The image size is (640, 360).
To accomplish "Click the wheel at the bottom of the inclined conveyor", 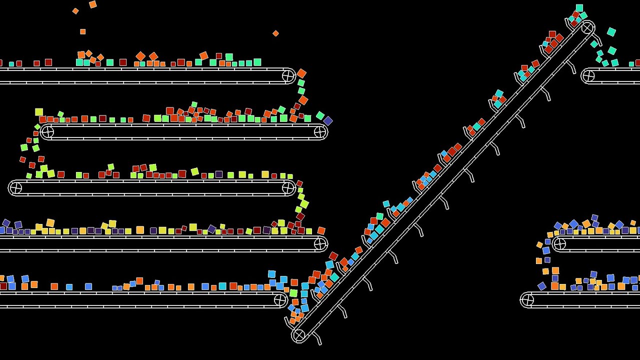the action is click(x=298, y=334).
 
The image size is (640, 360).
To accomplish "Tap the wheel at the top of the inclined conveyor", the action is click(x=587, y=27).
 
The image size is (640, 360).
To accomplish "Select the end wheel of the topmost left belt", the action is click(x=288, y=76).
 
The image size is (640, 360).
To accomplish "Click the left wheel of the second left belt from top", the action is click(x=47, y=132).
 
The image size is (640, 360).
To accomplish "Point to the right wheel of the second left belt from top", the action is click(x=320, y=132).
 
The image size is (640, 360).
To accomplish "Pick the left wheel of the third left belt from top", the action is click(x=15, y=188).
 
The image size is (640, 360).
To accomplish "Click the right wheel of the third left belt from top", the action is click(x=288, y=188).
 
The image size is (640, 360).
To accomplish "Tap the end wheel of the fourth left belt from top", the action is click(x=320, y=244).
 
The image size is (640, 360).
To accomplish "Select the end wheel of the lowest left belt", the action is click(x=280, y=300).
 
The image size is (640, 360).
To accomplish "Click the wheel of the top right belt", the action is click(x=588, y=76).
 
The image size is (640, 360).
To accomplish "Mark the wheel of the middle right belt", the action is click(x=559, y=244).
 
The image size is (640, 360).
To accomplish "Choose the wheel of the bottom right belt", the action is click(x=527, y=300).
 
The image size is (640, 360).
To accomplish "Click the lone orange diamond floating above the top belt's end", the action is click(x=275, y=33).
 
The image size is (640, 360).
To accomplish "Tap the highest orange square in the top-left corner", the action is click(x=93, y=4).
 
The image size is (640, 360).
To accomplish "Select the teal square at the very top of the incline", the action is click(x=579, y=8).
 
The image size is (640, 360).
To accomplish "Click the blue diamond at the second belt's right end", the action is click(x=328, y=121).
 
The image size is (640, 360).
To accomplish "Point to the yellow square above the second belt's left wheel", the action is click(x=39, y=112).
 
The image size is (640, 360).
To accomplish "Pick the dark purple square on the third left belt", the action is click(x=219, y=174).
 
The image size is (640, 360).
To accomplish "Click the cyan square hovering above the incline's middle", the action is click(x=386, y=204).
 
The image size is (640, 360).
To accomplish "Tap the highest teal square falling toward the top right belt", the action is click(x=611, y=32).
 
